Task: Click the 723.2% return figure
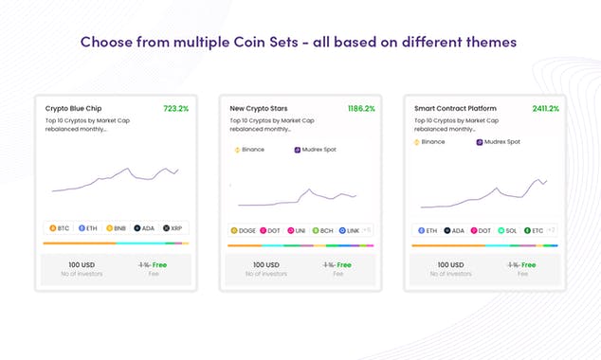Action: coord(175,109)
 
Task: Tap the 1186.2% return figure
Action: coord(361,109)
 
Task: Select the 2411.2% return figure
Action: coord(545,109)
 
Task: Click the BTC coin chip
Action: coord(60,228)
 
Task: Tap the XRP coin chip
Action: coord(173,228)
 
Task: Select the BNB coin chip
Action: coord(117,228)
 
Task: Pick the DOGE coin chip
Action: coord(244,230)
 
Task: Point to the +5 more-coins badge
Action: coord(367,230)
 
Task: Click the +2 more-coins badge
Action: coord(551,230)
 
